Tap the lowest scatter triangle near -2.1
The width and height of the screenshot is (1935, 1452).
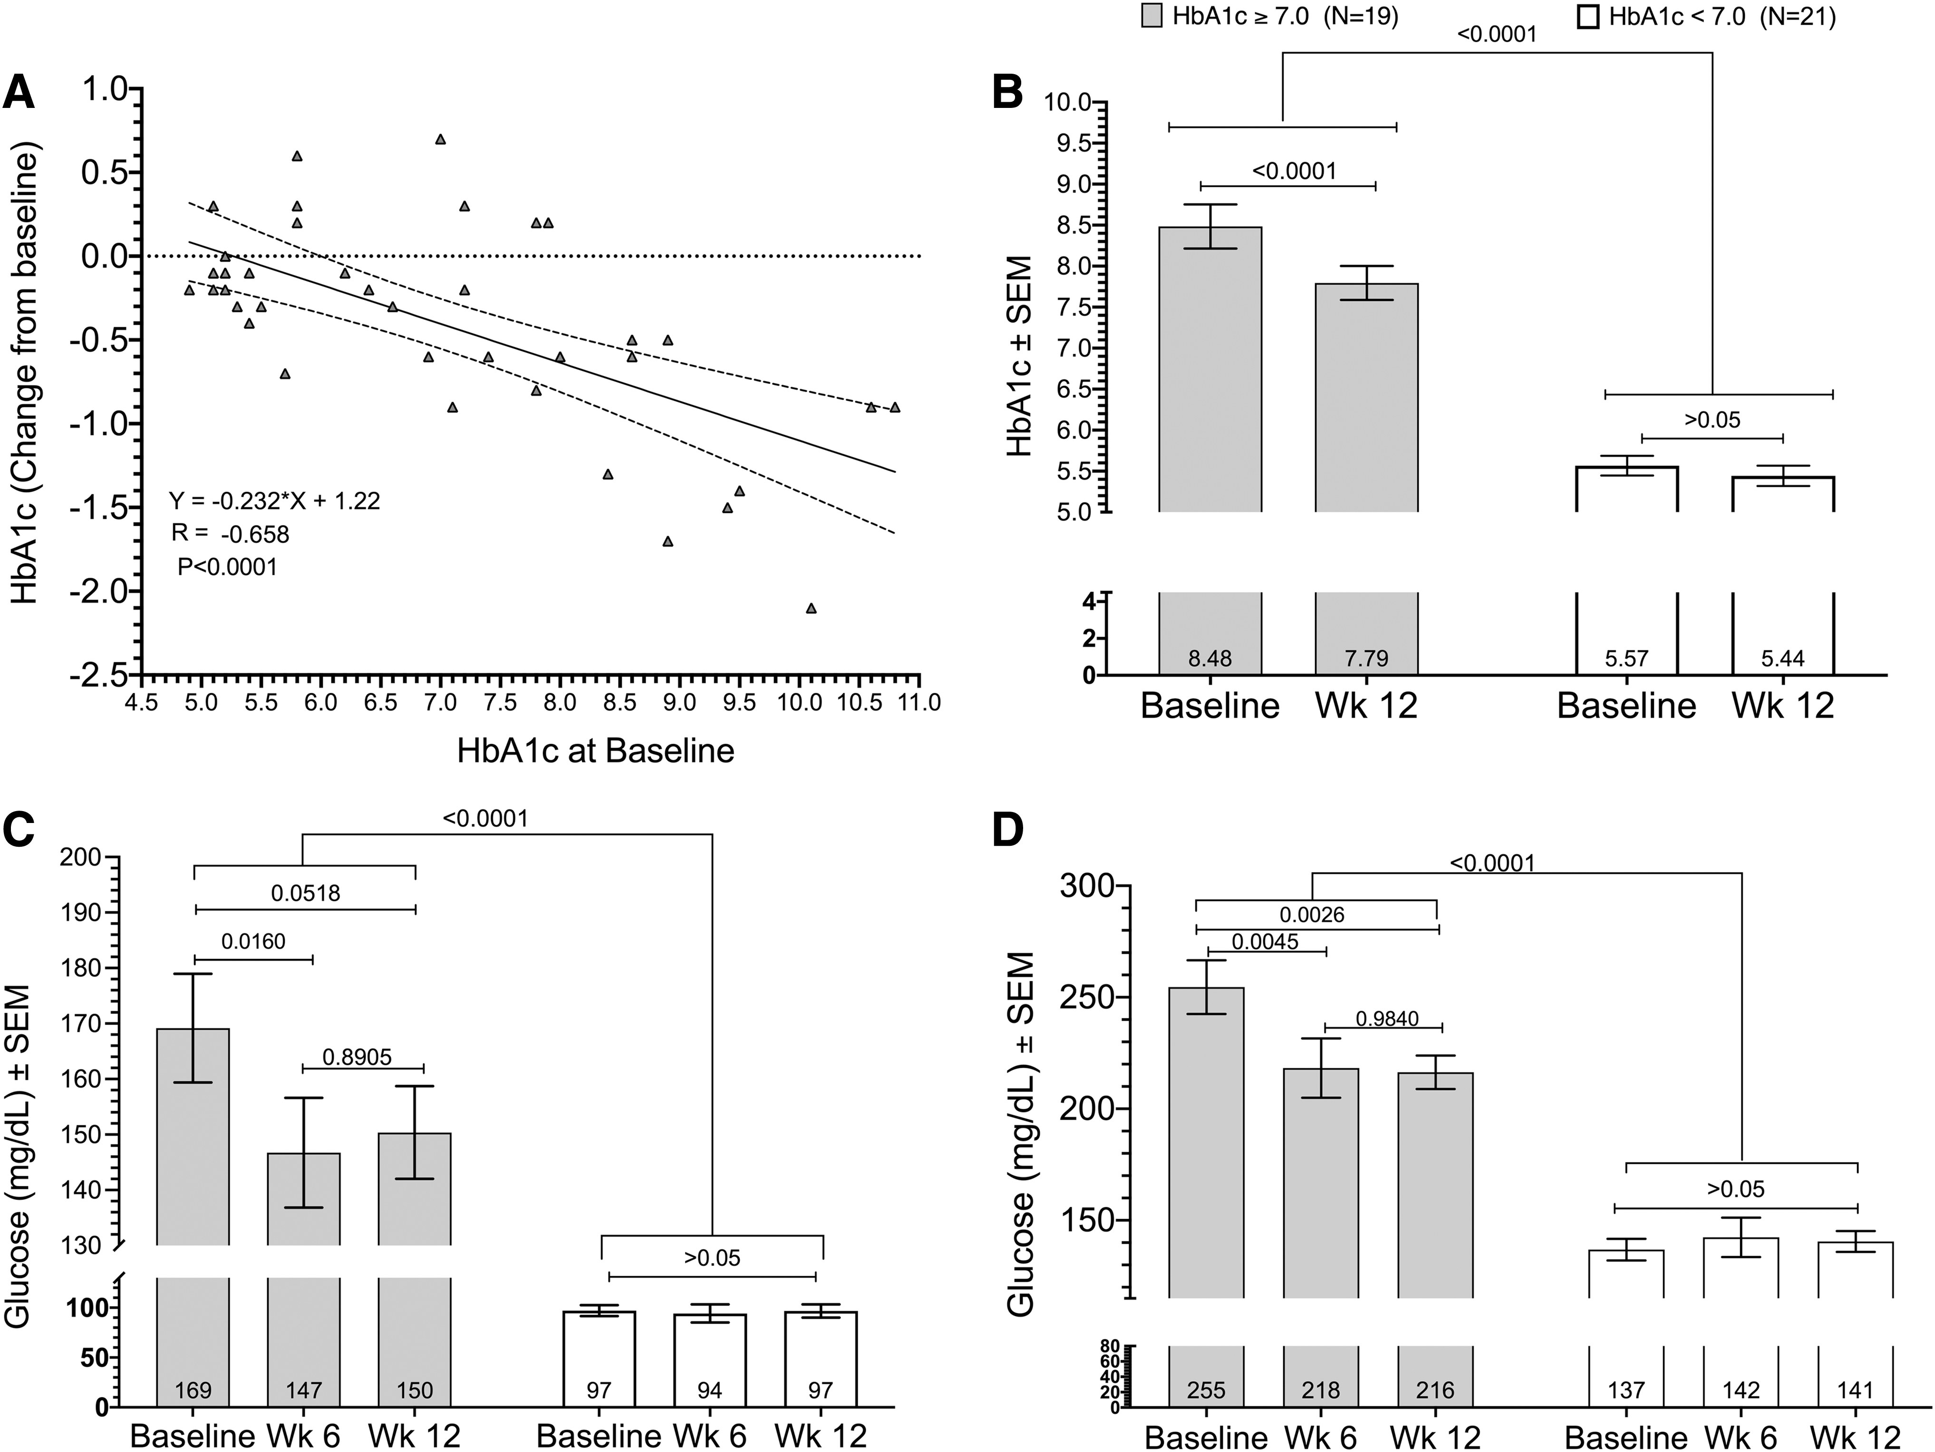[x=811, y=608]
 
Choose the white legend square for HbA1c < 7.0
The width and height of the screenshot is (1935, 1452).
[x=1588, y=17]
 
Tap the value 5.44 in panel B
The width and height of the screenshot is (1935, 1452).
[x=1783, y=658]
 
